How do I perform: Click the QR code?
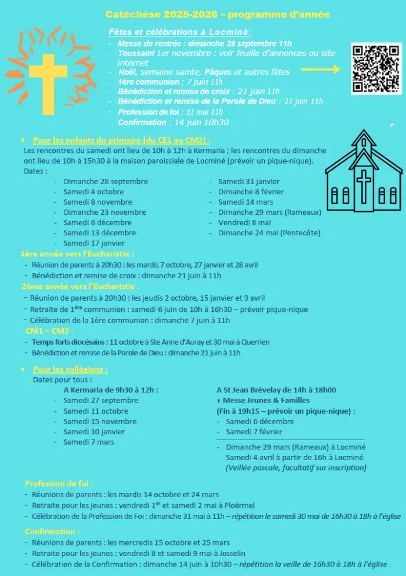click(376, 69)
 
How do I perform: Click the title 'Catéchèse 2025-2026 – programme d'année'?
click(218, 14)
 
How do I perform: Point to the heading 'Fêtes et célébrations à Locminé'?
click(180, 32)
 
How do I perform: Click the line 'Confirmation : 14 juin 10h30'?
click(173, 122)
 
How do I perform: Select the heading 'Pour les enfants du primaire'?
click(121, 140)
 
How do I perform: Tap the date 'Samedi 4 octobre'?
click(94, 192)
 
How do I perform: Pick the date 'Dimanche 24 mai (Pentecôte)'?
click(269, 233)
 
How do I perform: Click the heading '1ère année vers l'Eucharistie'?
click(77, 254)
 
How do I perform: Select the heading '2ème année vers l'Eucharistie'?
click(79, 287)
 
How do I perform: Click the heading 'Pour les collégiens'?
click(70, 369)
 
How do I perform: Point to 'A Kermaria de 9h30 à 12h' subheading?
click(111, 389)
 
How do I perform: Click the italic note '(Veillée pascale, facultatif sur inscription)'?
click(295, 468)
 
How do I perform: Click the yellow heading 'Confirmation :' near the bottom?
click(52, 531)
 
